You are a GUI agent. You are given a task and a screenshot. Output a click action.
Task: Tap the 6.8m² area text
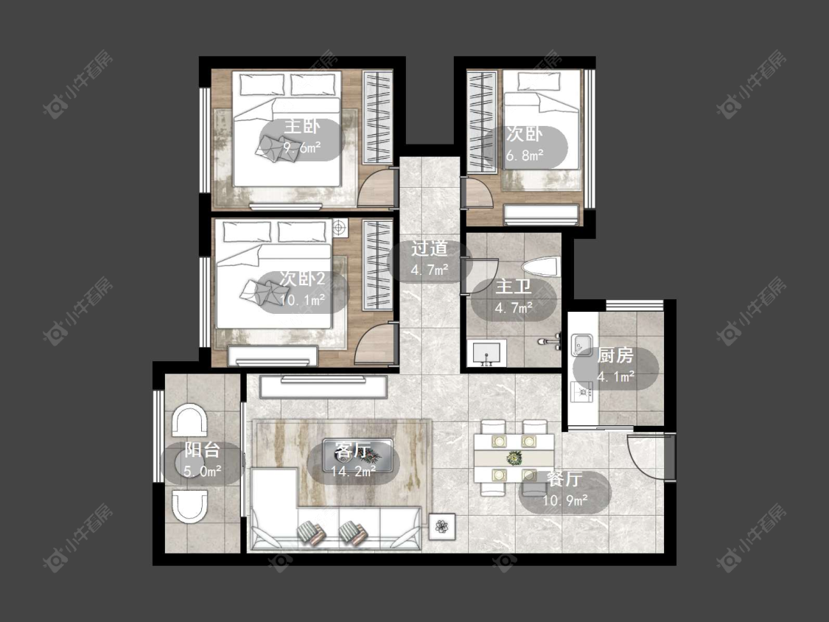click(525, 155)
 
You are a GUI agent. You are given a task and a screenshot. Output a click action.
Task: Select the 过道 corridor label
click(430, 248)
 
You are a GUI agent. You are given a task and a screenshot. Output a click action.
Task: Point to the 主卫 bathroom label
click(513, 287)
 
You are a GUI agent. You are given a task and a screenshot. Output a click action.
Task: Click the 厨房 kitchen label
click(615, 355)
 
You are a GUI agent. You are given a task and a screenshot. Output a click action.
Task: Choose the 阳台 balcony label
click(202, 450)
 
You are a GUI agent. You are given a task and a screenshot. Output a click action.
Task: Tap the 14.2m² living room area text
click(353, 471)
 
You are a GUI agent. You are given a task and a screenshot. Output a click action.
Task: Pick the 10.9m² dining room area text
click(565, 500)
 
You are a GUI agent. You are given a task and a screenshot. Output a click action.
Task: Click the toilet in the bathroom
click(540, 267)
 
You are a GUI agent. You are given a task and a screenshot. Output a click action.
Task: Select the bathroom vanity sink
click(486, 353)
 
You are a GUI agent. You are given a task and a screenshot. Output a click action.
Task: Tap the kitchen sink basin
click(581, 345)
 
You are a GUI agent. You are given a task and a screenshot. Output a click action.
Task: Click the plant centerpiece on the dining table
click(514, 458)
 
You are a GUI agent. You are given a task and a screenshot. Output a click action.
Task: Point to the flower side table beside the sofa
click(441, 526)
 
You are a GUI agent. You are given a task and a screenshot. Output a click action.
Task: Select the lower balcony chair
click(189, 506)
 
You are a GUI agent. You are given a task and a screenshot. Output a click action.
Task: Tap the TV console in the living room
click(323, 387)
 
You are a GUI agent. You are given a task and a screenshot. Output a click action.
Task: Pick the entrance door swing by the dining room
click(647, 456)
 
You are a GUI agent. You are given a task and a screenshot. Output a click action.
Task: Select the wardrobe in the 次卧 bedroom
click(482, 122)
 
